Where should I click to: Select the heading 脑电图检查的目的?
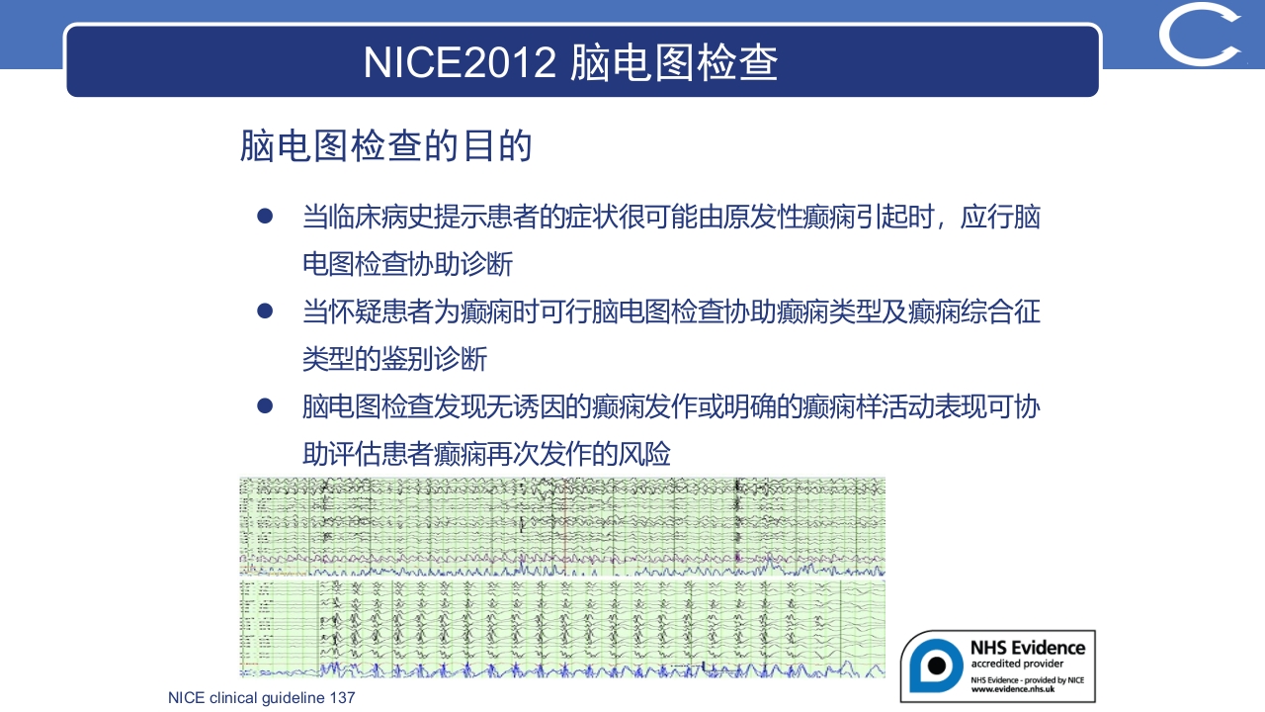click(386, 146)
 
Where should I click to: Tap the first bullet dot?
click(264, 216)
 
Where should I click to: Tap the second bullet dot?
click(264, 311)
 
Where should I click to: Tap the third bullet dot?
click(264, 405)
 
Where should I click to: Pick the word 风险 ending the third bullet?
click(646, 454)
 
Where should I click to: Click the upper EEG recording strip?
click(561, 526)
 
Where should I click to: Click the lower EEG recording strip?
click(561, 629)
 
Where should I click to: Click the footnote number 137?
click(342, 698)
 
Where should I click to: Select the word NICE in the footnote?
click(186, 698)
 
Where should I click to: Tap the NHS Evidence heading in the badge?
click(1027, 648)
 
